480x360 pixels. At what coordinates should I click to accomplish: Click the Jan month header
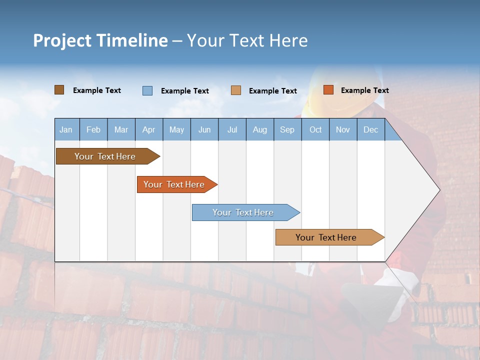tap(66, 129)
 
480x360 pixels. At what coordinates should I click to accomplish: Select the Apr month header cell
tap(148, 129)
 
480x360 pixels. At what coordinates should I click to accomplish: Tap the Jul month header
tap(232, 129)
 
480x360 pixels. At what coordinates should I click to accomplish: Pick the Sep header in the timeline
tap(287, 129)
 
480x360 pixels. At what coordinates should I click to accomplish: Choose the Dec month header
tap(370, 129)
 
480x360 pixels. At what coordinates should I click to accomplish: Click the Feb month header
tap(93, 129)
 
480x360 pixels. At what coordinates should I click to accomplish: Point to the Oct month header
tap(315, 129)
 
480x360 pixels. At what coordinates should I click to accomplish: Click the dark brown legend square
tap(59, 90)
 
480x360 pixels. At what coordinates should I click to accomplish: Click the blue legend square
tap(147, 90)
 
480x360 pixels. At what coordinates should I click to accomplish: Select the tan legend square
tap(236, 90)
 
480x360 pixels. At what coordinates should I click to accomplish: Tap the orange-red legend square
tap(328, 90)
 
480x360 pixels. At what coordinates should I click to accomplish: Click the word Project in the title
tap(62, 40)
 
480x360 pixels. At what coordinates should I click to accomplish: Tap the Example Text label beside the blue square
tap(185, 91)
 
